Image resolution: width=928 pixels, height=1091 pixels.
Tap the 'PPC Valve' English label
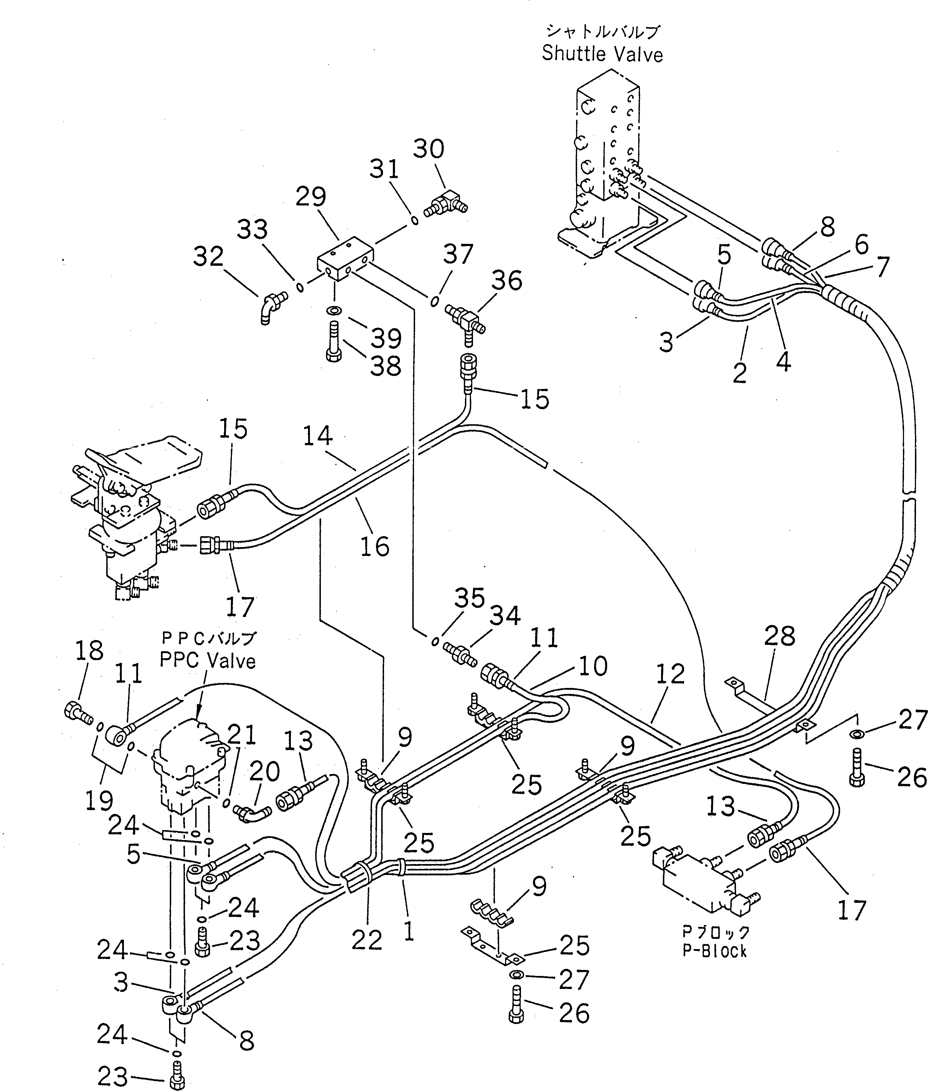pos(208,661)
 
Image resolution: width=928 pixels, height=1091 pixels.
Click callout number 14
pos(318,436)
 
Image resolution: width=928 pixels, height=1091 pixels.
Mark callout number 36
pos(507,280)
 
